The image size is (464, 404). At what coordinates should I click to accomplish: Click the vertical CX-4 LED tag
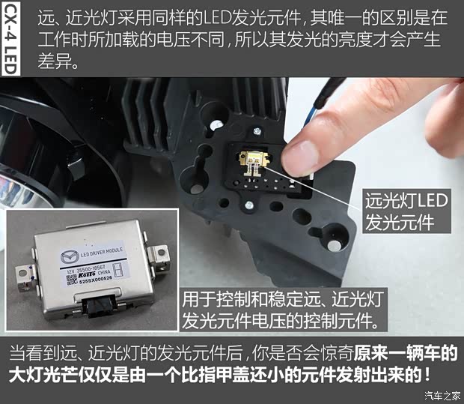tap(10, 38)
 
